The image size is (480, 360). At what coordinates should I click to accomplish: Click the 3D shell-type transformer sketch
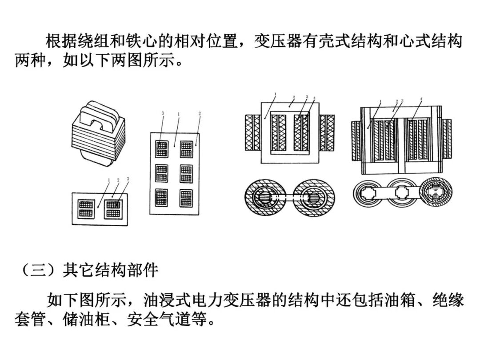[98, 133]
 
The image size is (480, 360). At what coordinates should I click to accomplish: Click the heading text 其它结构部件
[111, 271]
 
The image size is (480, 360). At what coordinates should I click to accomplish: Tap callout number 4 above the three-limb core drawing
[421, 98]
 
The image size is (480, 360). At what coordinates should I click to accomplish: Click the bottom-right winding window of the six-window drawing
[187, 197]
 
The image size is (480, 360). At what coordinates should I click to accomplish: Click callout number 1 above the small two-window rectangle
[109, 180]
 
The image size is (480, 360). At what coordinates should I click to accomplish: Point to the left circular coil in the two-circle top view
[265, 197]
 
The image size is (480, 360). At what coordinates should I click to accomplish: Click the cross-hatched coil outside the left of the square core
[254, 132]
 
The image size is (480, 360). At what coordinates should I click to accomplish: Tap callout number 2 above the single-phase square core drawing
[294, 97]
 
